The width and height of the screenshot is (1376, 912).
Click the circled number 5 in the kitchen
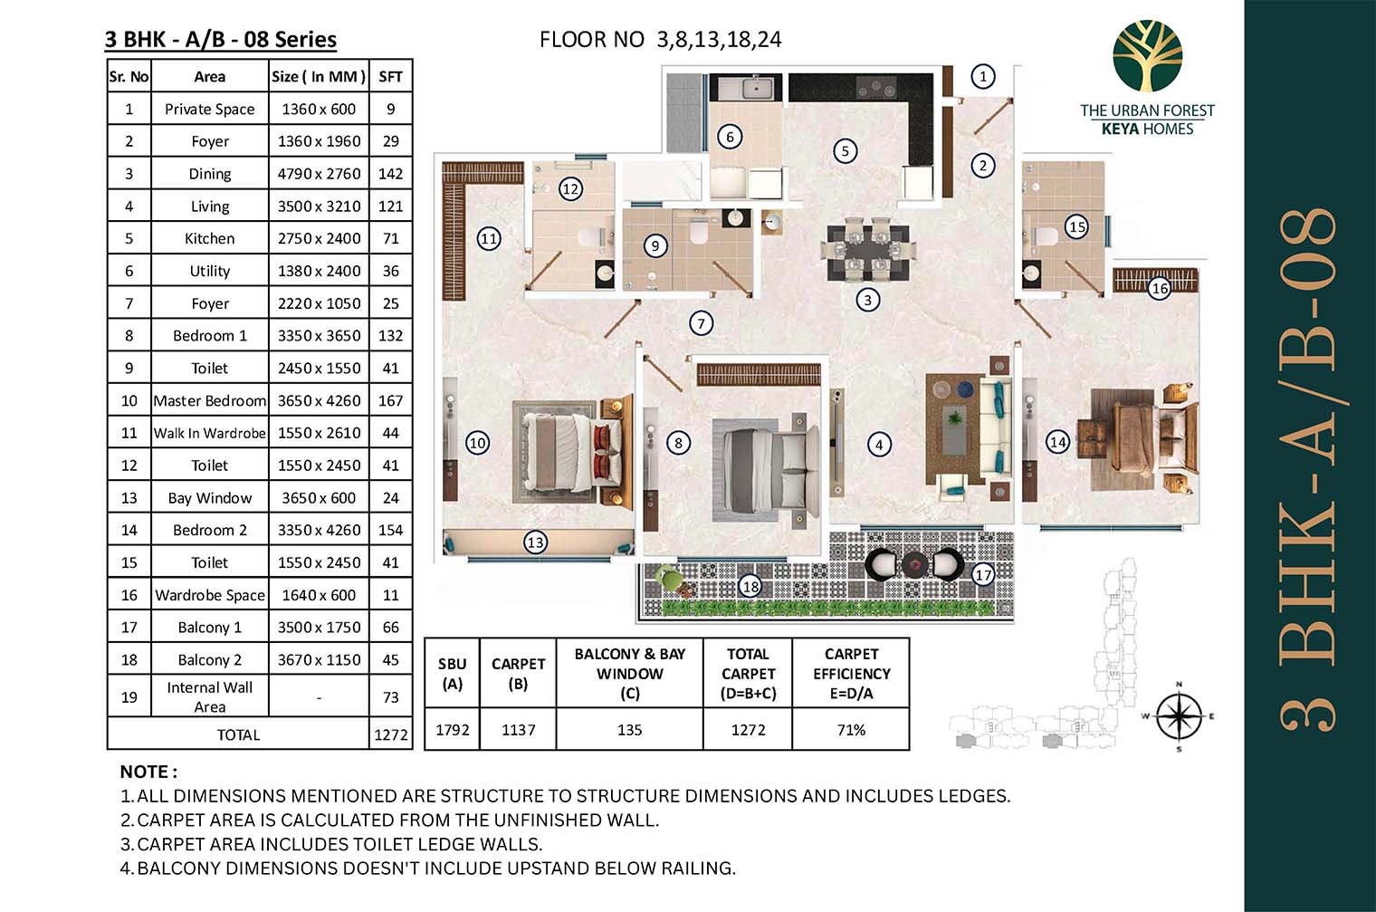tap(846, 150)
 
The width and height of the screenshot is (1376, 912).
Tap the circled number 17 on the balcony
tap(983, 574)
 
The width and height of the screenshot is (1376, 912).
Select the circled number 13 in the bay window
tap(536, 542)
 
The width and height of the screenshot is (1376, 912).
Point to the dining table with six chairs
tap(868, 252)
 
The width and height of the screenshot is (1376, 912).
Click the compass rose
tap(1180, 716)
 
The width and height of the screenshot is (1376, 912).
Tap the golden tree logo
tap(1148, 55)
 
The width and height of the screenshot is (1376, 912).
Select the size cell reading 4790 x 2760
tap(319, 174)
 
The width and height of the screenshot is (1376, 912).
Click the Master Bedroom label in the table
tap(209, 400)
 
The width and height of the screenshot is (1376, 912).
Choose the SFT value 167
tap(391, 400)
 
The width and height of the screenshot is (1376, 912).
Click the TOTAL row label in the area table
tap(238, 735)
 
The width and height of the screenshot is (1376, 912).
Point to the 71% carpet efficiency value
tap(851, 730)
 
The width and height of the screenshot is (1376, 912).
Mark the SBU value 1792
tap(452, 730)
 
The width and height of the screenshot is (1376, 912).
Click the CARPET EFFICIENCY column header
tap(851, 674)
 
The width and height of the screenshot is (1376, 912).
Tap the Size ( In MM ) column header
tap(319, 77)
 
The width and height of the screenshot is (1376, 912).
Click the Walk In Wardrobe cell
tap(209, 433)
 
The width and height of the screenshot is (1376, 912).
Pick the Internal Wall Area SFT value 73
tap(391, 697)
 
